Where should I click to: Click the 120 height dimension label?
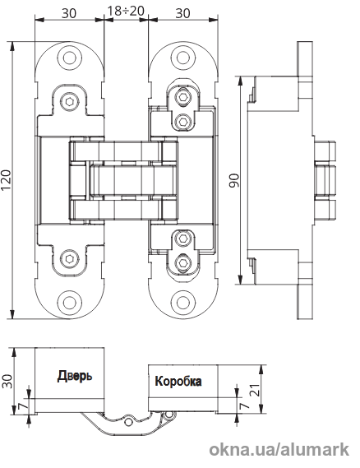click(6, 179)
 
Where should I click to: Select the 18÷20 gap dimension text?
click(126, 11)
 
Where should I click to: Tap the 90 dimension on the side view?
click(234, 180)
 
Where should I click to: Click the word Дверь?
click(75, 376)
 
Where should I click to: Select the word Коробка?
click(178, 381)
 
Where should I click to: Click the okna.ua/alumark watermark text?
click(279, 449)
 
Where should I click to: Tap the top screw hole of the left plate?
click(70, 58)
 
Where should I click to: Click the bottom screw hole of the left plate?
click(70, 302)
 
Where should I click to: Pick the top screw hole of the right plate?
click(183, 58)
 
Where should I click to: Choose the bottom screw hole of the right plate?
click(183, 302)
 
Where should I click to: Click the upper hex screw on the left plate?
click(70, 102)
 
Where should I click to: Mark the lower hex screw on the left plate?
click(70, 258)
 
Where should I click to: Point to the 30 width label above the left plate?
click(69, 13)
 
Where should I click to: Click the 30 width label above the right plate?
click(182, 13)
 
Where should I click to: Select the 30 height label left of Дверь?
click(7, 381)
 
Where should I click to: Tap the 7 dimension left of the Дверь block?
click(24, 405)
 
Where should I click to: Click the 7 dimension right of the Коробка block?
click(245, 405)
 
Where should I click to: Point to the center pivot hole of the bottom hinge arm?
click(129, 422)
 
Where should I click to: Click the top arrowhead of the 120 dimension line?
click(12, 46)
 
